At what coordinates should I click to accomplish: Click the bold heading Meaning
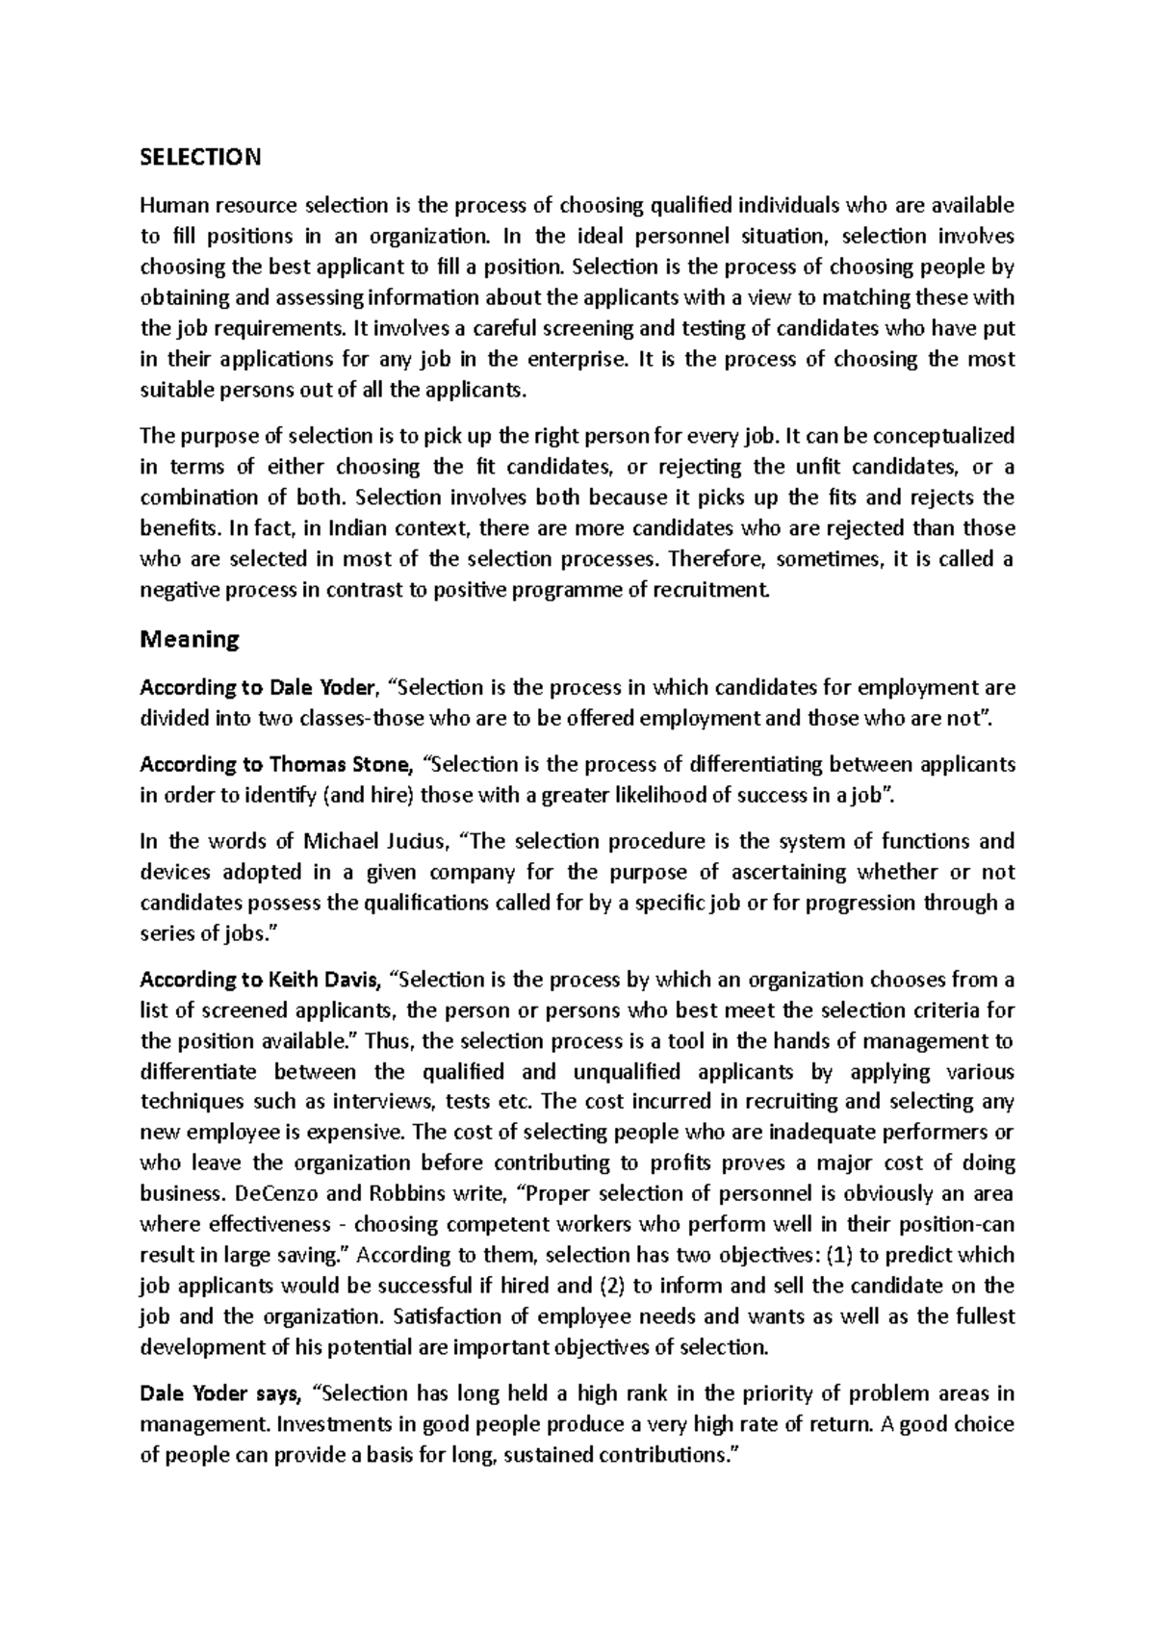(x=190, y=639)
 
